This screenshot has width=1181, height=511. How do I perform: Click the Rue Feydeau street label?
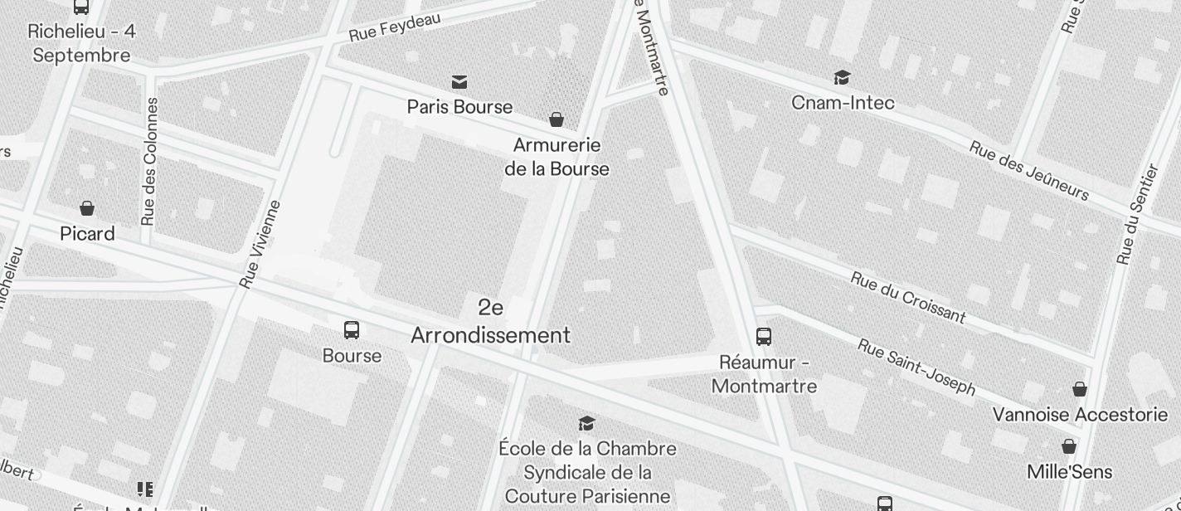[x=395, y=27]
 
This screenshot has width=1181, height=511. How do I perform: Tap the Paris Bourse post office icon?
[x=459, y=81]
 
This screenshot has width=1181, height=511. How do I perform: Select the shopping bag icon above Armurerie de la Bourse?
[x=556, y=119]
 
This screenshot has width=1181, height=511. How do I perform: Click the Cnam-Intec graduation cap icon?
[x=843, y=77]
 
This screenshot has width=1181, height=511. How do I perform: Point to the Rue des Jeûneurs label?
[x=1028, y=170]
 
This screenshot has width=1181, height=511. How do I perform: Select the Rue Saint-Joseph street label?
[x=916, y=367]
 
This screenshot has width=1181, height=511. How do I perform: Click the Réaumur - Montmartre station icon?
[x=764, y=337]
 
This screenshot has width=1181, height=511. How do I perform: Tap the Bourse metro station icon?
[x=352, y=330]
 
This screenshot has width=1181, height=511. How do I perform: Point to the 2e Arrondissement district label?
[x=491, y=322]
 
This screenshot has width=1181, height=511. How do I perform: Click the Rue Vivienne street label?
[x=260, y=245]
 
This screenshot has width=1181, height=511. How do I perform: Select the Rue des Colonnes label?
[x=149, y=162]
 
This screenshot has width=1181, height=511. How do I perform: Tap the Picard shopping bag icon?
[x=87, y=207]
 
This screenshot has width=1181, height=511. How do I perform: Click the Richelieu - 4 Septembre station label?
[x=81, y=43]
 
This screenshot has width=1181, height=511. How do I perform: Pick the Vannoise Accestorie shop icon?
[x=1080, y=388]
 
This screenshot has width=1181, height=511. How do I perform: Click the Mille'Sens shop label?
[x=1069, y=472]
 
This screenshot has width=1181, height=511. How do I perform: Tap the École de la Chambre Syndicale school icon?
[x=587, y=423]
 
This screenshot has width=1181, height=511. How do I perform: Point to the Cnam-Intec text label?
[x=843, y=103]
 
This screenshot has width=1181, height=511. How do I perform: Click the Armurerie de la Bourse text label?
[x=556, y=157]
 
